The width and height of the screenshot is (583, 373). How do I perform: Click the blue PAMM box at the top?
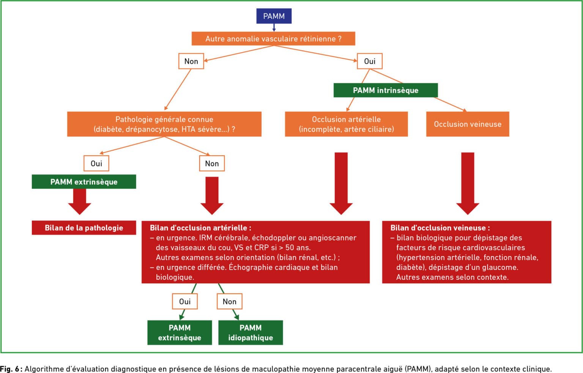click(274, 16)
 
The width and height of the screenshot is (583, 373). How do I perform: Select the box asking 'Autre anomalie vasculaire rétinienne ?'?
click(273, 39)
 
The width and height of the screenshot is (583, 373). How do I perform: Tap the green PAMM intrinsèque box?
click(386, 90)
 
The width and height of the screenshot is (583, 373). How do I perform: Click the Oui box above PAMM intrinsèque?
click(370, 61)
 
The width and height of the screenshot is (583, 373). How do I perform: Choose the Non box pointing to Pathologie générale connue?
click(191, 61)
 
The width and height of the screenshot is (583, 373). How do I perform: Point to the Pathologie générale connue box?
click(164, 124)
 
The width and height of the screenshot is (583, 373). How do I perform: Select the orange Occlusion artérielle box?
click(347, 124)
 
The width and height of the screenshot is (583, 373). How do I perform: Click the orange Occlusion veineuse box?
click(468, 124)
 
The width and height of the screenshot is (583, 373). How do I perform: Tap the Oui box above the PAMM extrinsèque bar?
click(96, 163)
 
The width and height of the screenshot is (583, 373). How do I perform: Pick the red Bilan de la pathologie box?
click(84, 228)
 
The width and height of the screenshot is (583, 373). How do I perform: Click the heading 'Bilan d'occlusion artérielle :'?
click(200, 228)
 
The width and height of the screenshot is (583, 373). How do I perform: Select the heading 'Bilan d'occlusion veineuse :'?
click(440, 228)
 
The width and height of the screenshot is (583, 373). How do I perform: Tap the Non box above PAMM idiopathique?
click(230, 301)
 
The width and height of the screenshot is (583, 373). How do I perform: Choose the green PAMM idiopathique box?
click(251, 332)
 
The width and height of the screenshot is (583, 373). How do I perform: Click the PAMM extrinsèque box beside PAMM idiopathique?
click(180, 332)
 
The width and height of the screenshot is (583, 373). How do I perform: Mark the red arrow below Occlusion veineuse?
click(468, 183)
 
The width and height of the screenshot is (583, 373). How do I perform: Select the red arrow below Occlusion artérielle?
click(341, 183)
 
